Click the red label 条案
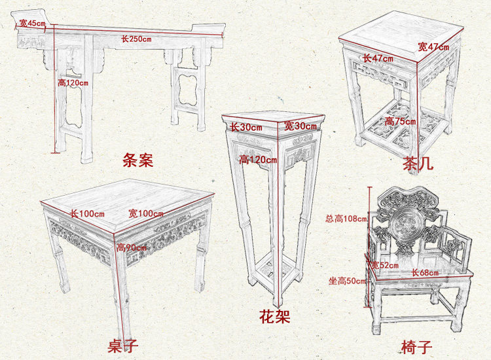(137, 160)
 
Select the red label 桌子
(122, 345)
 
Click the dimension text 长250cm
(136, 39)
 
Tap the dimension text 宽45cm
(31, 24)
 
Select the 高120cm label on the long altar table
(73, 82)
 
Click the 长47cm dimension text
(378, 58)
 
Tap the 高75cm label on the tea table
(400, 121)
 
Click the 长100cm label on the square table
(88, 213)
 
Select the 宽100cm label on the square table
(145, 213)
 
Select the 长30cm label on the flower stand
(245, 126)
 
